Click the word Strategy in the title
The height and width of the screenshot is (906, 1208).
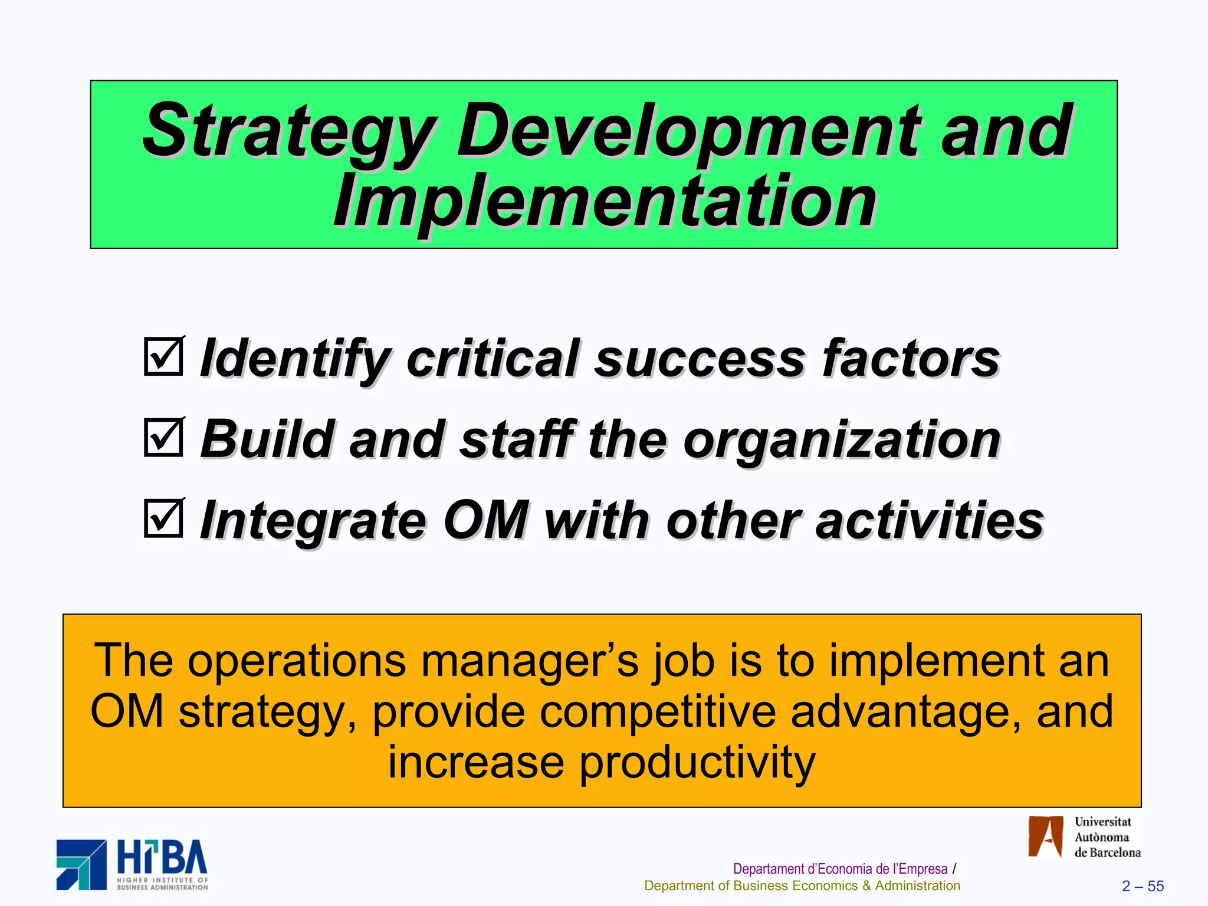click(289, 131)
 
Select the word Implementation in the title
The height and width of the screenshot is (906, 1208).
click(605, 202)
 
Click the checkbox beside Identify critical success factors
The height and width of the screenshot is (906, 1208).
click(163, 356)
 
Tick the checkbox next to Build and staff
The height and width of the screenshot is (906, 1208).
click(163, 437)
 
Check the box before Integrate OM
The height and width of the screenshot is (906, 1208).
click(163, 518)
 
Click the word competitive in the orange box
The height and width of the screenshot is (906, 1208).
click(658, 711)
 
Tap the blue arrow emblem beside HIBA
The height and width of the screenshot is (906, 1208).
click(81, 865)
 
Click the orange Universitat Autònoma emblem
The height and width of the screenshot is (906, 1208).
click(1045, 836)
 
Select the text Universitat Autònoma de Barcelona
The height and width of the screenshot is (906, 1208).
click(1107, 837)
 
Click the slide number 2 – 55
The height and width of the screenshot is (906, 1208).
click(1143, 886)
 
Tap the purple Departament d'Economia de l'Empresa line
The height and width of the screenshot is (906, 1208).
click(840, 869)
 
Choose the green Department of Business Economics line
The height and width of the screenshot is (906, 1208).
click(802, 886)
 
